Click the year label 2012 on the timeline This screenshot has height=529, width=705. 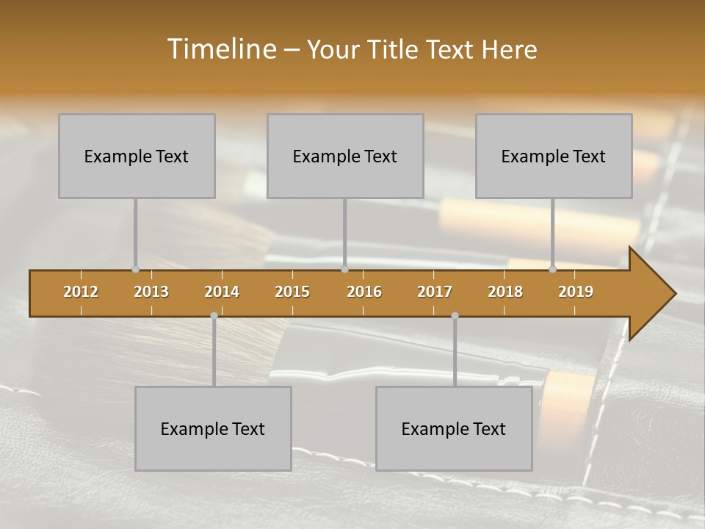point(81,292)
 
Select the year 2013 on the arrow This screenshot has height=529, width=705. point(151,292)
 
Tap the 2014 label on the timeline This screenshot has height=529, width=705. point(222,292)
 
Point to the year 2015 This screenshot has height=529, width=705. point(292,292)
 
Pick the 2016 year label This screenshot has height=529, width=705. point(364,292)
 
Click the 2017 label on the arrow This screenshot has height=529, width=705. point(435,292)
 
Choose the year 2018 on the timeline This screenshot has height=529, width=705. point(505,292)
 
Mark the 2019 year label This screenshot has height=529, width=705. point(576,292)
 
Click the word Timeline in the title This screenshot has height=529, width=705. point(220,49)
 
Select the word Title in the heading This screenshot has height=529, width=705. point(394,50)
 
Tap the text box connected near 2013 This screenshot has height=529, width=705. point(137,156)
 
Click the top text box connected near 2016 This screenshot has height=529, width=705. point(345,156)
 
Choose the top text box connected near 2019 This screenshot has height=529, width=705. point(554,156)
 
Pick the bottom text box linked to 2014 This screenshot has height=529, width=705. point(213,428)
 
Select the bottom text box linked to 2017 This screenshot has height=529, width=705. point(454,428)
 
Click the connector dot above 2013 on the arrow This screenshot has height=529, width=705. point(135,269)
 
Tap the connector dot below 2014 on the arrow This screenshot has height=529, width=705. point(214,315)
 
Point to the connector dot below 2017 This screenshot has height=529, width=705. point(455,315)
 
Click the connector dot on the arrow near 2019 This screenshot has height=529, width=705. point(552,269)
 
